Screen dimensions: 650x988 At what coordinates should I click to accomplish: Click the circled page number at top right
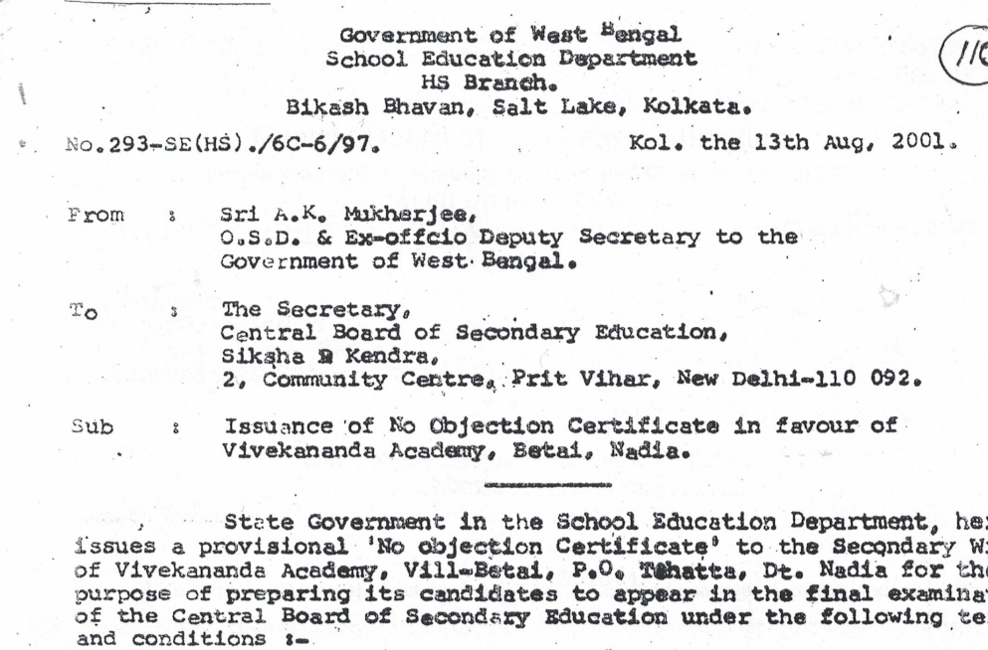coord(962,55)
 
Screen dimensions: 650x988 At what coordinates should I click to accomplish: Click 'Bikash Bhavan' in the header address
coord(350,104)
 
